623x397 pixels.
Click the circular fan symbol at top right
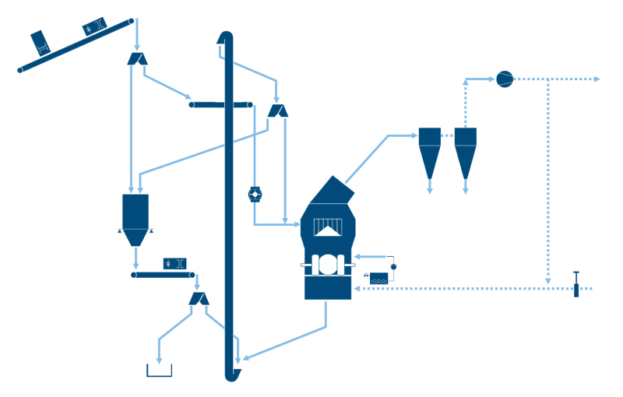[x=505, y=79]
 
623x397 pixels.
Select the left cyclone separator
[x=430, y=151]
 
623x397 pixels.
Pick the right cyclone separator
[x=465, y=151]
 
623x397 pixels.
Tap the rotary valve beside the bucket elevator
[x=255, y=194]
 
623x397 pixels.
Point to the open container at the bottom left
[x=159, y=370]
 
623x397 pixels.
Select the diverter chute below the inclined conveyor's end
[x=137, y=58]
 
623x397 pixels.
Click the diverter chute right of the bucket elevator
[x=278, y=111]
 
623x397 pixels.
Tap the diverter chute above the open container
[x=199, y=299]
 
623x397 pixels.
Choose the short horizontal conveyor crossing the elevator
[x=221, y=104]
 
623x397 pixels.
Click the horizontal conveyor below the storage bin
[x=163, y=274]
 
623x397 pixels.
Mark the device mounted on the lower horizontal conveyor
[x=174, y=263]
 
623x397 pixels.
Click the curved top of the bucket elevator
[x=225, y=37]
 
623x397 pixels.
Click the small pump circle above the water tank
[x=393, y=267]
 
